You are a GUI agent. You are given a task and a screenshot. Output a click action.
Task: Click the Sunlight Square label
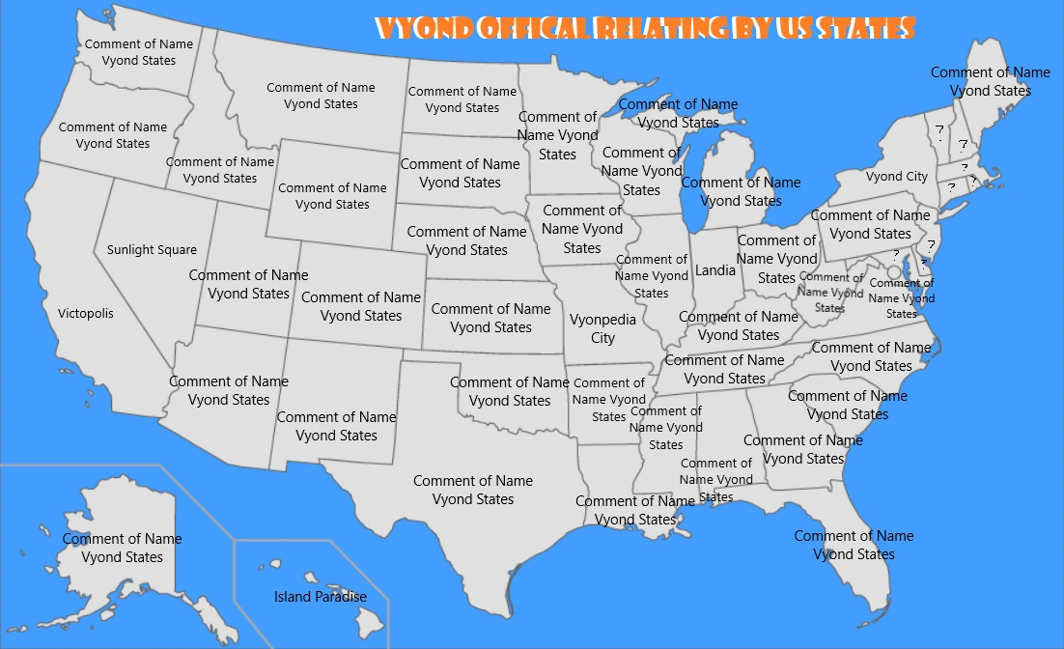coord(152,250)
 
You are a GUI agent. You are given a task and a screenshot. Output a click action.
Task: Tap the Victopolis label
coord(85,314)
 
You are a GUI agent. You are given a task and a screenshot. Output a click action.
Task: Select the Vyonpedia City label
coord(602,328)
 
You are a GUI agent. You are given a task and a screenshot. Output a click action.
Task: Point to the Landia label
coord(715,270)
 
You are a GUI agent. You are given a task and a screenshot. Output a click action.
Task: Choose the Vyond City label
coord(896,177)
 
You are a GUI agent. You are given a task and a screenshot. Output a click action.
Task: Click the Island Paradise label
coord(320,597)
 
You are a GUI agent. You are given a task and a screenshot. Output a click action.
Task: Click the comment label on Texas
coord(473,490)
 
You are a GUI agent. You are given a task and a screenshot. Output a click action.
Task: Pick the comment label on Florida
coord(854,545)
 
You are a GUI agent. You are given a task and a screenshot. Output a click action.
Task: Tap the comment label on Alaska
coord(122,548)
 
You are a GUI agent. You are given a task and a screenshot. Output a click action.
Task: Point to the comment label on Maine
coord(990,81)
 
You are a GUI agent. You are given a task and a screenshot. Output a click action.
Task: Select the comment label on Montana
coord(321,96)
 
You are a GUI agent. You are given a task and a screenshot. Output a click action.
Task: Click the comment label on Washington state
coord(139,52)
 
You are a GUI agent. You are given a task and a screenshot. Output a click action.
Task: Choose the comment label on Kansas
coord(490,318)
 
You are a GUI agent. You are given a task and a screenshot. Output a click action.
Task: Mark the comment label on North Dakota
coord(462,99)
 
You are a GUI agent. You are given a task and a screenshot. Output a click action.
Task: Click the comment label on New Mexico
coord(336,426)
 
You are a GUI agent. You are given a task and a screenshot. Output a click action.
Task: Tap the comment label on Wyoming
coord(332,196)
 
